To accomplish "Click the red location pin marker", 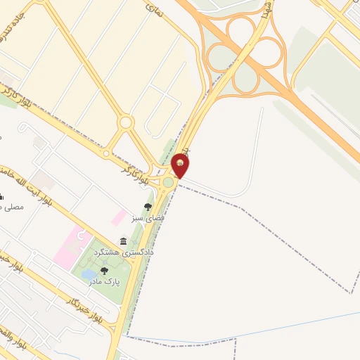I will [181, 165].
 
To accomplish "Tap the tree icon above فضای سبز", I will [148, 207].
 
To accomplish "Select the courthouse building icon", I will [124, 240].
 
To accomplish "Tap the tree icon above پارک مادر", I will [104, 271].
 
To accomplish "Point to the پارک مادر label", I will [104, 281].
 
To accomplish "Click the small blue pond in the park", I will [90, 274].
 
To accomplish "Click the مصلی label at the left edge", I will [13, 207].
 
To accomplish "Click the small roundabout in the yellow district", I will [126, 122].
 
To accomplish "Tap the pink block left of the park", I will [70, 247].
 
